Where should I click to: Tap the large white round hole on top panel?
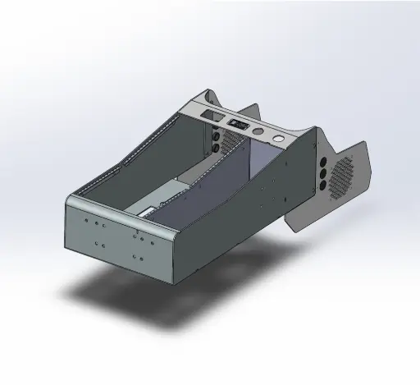click(x=280, y=139)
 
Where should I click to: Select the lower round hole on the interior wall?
click(x=215, y=149)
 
